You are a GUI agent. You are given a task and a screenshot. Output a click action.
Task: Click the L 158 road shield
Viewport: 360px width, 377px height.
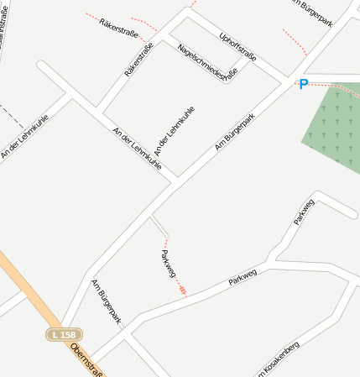pyautogui.click(x=64, y=334)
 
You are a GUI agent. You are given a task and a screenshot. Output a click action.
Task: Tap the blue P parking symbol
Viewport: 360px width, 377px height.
pyautogui.click(x=303, y=84)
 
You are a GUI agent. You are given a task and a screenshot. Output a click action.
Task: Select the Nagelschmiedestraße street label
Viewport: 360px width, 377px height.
pyautogui.click(x=208, y=61)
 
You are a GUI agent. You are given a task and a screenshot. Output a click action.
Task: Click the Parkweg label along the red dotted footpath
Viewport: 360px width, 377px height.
pyautogui.click(x=168, y=263)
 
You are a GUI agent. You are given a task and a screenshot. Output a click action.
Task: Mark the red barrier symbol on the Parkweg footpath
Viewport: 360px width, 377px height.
pyautogui.click(x=182, y=290)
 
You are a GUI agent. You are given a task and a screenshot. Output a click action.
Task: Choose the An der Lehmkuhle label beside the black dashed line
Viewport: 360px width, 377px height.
pyautogui.click(x=23, y=136)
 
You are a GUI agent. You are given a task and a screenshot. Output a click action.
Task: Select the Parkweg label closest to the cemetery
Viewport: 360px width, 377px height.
pyautogui.click(x=304, y=212)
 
